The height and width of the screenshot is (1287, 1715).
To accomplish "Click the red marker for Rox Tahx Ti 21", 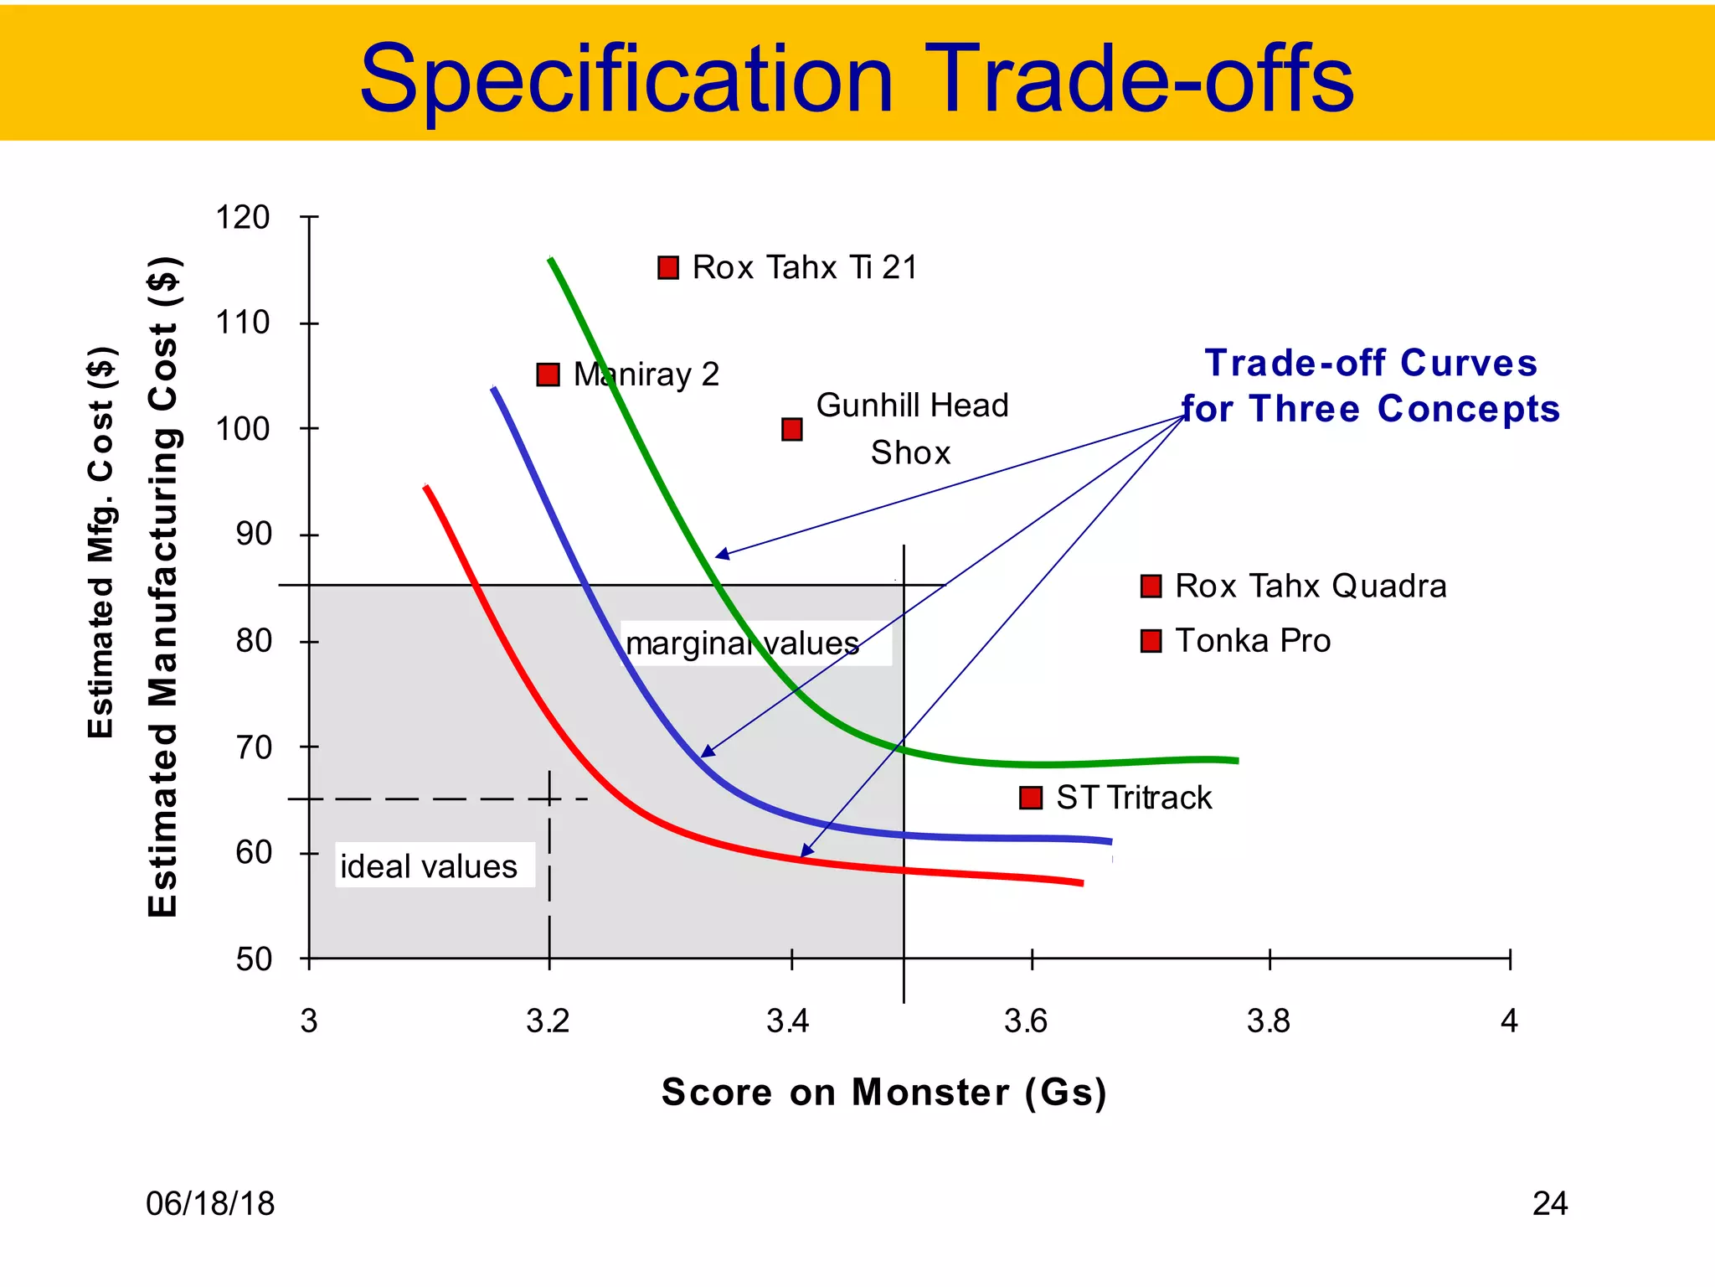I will (667, 268).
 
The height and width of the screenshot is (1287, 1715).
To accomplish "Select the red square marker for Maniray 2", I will (548, 375).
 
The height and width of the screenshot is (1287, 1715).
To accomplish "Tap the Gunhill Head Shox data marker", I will (791, 430).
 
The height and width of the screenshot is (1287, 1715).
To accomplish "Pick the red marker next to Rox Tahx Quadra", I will (1151, 587).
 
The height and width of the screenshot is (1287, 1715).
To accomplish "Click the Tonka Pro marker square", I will (1151, 642).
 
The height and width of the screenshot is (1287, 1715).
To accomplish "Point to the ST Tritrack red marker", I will (1030, 798).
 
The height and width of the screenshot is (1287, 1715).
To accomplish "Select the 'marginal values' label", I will (744, 643).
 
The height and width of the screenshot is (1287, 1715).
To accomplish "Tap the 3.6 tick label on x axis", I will (1026, 1021).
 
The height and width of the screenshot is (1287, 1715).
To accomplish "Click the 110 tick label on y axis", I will (243, 323).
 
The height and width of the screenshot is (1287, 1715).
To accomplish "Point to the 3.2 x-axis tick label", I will (548, 1021).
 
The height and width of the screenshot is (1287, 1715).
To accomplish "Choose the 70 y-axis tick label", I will (254, 747).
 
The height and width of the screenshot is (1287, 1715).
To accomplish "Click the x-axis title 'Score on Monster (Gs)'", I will (883, 1092).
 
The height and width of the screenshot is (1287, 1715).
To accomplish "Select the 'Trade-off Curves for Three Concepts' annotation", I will (1371, 386).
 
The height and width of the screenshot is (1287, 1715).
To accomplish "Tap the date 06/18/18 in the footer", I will (210, 1204).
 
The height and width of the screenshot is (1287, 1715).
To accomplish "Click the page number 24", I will (1549, 1204).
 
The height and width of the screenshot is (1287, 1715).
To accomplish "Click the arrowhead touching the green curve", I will (720, 555).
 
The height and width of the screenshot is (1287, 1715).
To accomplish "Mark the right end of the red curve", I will (1081, 882).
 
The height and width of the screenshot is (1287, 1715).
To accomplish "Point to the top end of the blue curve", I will (494, 389).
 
